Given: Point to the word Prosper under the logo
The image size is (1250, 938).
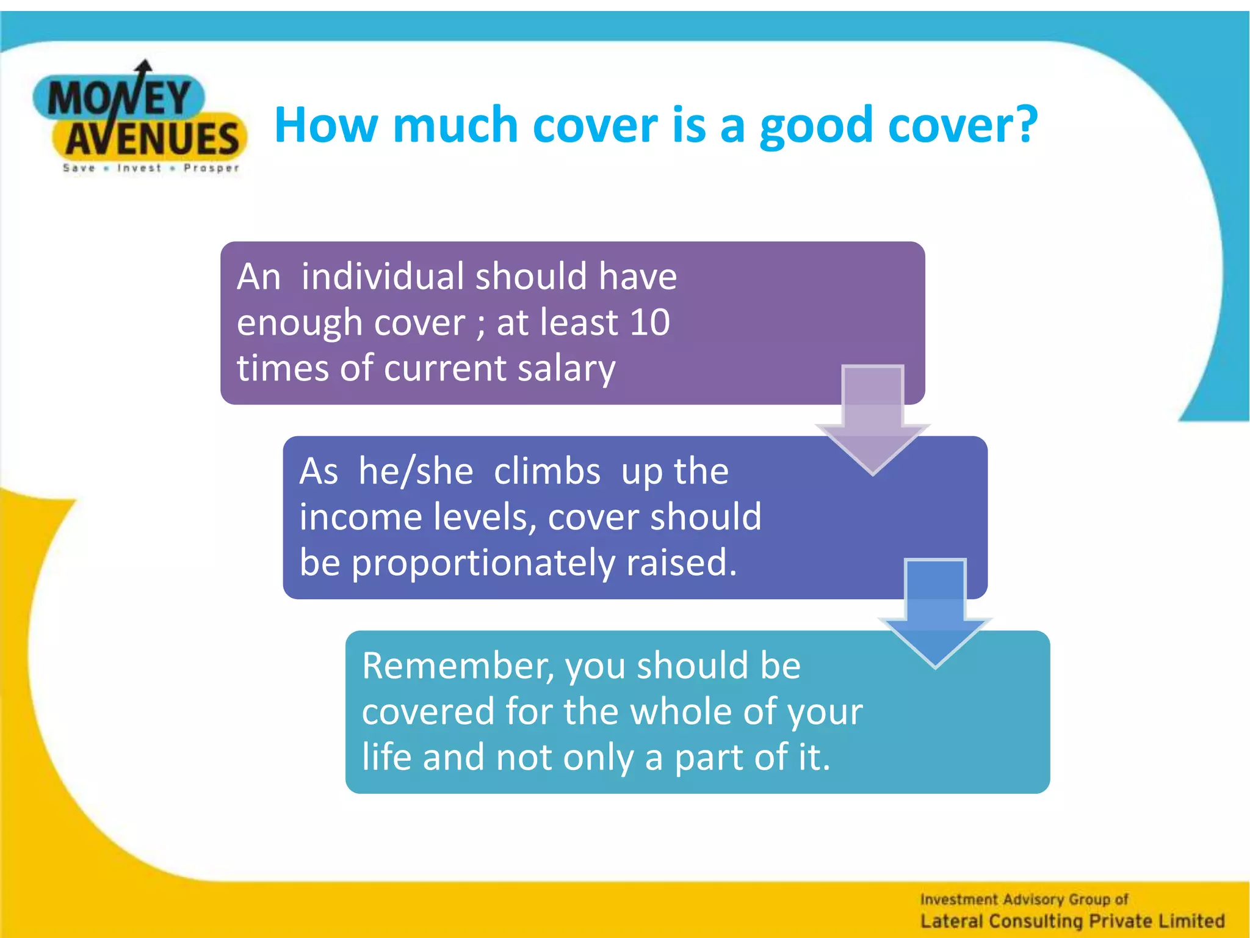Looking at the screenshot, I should pyautogui.click(x=211, y=168).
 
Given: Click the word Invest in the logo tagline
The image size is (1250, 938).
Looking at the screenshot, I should pyautogui.click(x=139, y=168).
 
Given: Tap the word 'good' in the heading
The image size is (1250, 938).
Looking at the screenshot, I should pyautogui.click(x=816, y=126).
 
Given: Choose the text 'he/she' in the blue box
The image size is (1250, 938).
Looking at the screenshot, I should pyautogui.click(x=416, y=471).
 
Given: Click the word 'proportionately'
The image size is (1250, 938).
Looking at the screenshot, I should pyautogui.click(x=483, y=562).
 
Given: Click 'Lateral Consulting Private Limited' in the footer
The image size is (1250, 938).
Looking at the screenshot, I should pyautogui.click(x=1072, y=920).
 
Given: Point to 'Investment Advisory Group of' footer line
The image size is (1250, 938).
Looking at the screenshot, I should pyautogui.click(x=1024, y=899).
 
